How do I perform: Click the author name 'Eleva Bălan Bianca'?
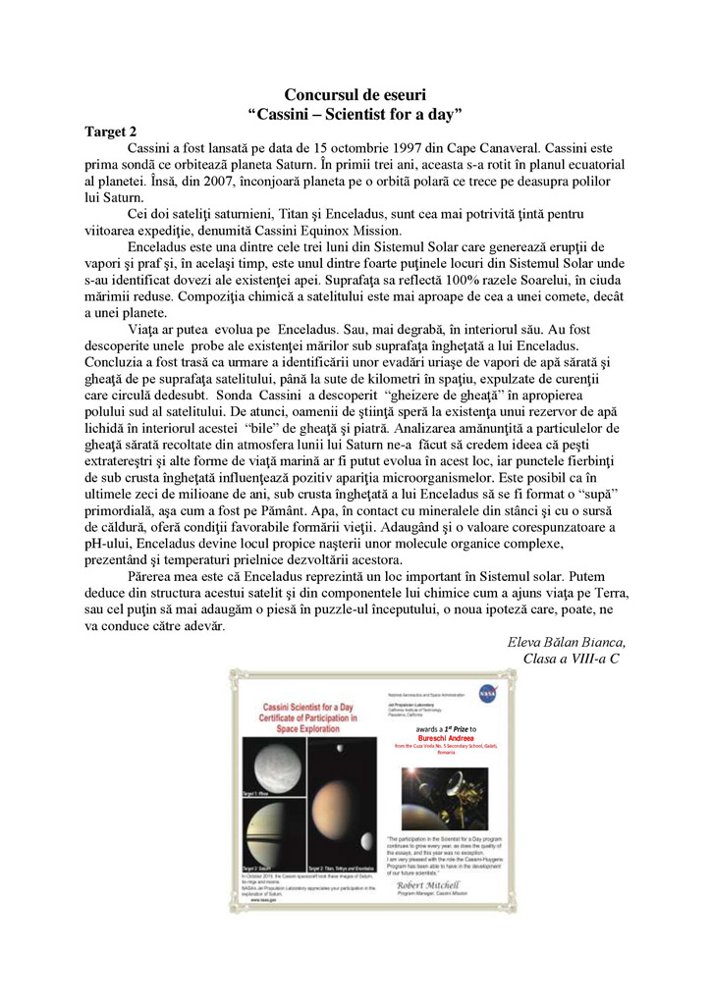[x=566, y=642]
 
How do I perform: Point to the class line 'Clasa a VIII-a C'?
[x=572, y=659]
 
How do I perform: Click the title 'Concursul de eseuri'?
[x=355, y=95]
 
